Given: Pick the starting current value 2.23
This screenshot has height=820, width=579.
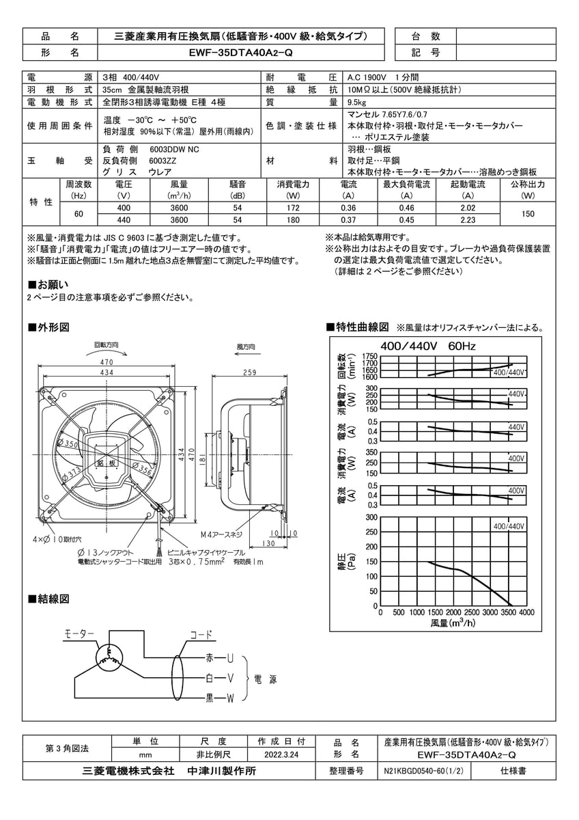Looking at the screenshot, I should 468,220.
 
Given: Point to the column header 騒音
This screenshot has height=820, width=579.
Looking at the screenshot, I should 237,184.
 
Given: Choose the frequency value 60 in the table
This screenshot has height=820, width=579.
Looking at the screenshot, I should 78,214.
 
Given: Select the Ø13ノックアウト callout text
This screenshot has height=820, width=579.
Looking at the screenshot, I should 102,551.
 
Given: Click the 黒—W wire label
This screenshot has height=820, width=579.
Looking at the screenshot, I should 219,698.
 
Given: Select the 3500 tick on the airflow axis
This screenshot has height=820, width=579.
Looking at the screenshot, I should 508,613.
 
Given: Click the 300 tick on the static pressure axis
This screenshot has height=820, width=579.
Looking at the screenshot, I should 371,517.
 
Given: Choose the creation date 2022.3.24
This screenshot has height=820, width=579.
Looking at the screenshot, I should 281,756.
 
